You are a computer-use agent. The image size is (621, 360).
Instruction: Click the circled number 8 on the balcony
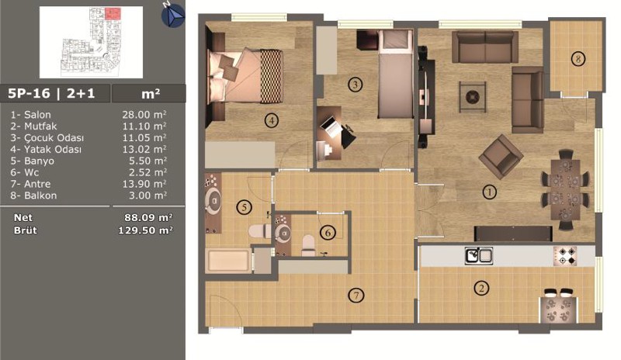pos(578,59)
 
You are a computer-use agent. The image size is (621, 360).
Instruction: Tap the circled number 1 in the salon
pos(490,192)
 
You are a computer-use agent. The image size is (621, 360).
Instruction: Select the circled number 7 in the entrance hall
pos(356,295)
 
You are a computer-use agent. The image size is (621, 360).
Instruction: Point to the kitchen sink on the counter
pos(479,256)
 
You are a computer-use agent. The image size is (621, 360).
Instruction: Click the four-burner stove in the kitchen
pos(565,256)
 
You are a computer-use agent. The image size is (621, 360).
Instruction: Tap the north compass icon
pos(173,16)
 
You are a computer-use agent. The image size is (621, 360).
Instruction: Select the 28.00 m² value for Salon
pos(144,115)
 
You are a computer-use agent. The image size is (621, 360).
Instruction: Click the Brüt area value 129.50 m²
pos(145,230)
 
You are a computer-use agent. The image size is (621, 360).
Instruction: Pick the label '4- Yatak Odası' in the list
pos(46,149)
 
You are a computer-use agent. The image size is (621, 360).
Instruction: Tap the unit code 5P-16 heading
pos(29,93)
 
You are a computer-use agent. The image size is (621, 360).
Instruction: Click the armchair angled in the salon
pos(501,156)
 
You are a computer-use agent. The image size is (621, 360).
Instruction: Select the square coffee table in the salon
pos(473,97)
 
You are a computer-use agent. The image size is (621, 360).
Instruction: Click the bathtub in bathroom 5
pos(228,261)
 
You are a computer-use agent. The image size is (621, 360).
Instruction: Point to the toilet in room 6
pos(308,245)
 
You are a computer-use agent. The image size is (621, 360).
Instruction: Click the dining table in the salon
pos(566,190)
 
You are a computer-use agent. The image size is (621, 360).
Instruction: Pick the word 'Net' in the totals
pos(23,217)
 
